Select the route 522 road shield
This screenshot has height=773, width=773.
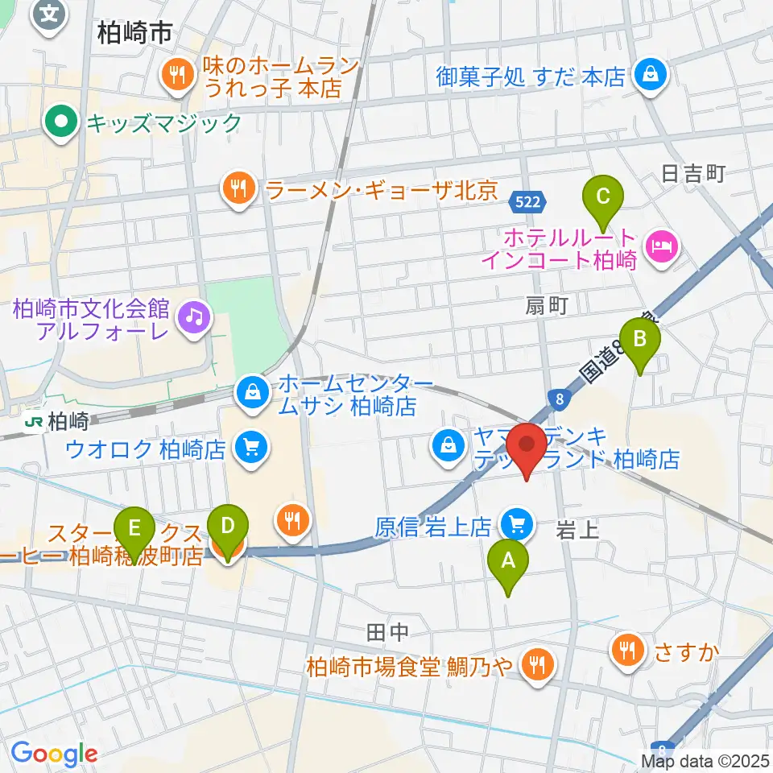528,201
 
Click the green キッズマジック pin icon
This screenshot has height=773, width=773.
60,123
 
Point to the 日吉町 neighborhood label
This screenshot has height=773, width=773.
693,172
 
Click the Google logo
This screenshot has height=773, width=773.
54,754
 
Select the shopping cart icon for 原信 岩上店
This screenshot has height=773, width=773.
515,526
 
